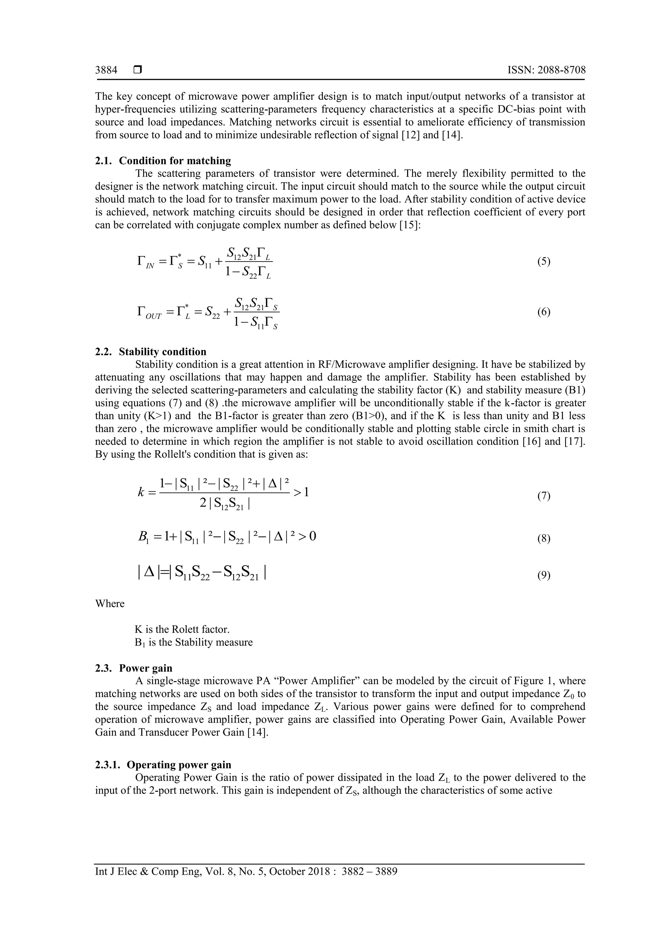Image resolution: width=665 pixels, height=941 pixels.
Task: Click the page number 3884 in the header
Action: [x=106, y=70]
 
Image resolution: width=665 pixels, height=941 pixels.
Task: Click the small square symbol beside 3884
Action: [x=138, y=70]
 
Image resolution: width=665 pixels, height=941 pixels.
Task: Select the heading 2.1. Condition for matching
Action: [x=163, y=161]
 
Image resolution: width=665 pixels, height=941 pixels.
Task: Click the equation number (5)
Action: [x=544, y=262]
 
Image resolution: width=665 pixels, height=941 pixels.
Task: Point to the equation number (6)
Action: [x=544, y=312]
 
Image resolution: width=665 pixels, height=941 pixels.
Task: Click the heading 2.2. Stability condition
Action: [x=151, y=352]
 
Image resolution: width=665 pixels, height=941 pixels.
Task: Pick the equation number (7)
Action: [x=544, y=496]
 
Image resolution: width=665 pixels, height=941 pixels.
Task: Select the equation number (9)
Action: [x=544, y=576]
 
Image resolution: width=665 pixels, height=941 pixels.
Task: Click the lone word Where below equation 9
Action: [x=110, y=604]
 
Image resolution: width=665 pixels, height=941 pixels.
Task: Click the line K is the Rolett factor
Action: [x=182, y=629]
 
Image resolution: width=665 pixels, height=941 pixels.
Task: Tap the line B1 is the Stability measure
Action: [x=194, y=642]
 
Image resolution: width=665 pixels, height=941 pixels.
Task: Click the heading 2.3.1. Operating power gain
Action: [x=163, y=765]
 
